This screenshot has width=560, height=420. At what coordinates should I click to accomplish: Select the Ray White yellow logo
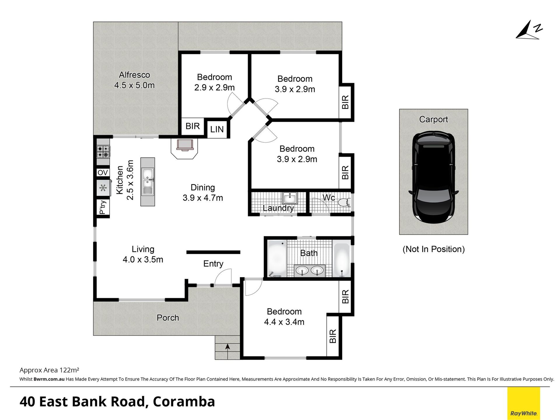click(x=524, y=403)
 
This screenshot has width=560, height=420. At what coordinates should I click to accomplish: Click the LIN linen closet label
click(x=217, y=129)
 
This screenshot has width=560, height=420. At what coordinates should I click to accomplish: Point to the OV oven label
click(x=103, y=173)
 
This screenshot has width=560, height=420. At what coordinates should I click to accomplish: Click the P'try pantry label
click(x=103, y=207)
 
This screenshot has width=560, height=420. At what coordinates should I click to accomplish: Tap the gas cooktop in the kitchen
click(x=103, y=152)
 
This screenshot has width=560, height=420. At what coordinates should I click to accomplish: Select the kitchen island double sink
click(x=148, y=182)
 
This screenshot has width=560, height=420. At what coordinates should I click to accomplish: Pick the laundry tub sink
click(x=290, y=198)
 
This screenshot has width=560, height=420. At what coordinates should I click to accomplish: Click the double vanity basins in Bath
click(x=309, y=271)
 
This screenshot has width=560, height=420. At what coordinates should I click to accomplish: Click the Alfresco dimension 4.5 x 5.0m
click(x=134, y=85)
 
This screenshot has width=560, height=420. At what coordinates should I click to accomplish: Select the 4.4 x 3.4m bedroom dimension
click(x=284, y=322)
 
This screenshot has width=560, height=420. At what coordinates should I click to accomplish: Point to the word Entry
click(x=213, y=264)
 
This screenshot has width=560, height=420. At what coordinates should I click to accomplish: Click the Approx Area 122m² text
click(x=49, y=370)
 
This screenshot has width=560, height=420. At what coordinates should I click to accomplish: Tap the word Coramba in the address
click(x=184, y=402)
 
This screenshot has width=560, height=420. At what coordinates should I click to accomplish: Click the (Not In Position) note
click(x=433, y=249)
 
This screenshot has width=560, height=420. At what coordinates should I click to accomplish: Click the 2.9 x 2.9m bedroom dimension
click(x=214, y=87)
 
